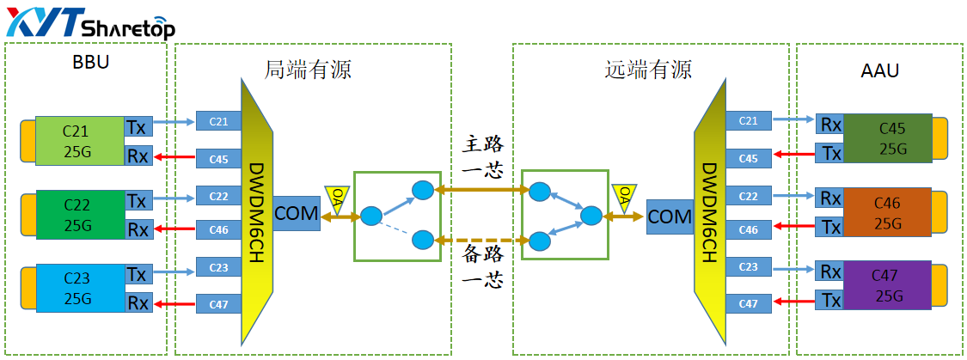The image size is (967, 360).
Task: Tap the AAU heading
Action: coord(879,70)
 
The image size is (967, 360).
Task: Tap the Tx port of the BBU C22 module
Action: coord(137,201)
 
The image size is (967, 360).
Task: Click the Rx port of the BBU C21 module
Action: coord(137,156)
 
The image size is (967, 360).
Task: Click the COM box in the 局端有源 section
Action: coord(297,212)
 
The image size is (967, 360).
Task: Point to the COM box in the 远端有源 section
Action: coord(670,217)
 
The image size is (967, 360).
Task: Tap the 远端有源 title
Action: coord(648,70)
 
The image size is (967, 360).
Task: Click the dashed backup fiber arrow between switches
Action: coord(480,238)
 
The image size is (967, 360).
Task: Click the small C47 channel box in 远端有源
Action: coord(748,303)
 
